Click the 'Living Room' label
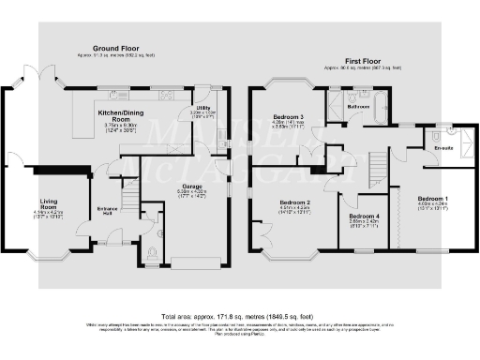click(x=49, y=202)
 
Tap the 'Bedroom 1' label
click(x=433, y=199)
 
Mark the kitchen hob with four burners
click(x=168, y=94)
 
